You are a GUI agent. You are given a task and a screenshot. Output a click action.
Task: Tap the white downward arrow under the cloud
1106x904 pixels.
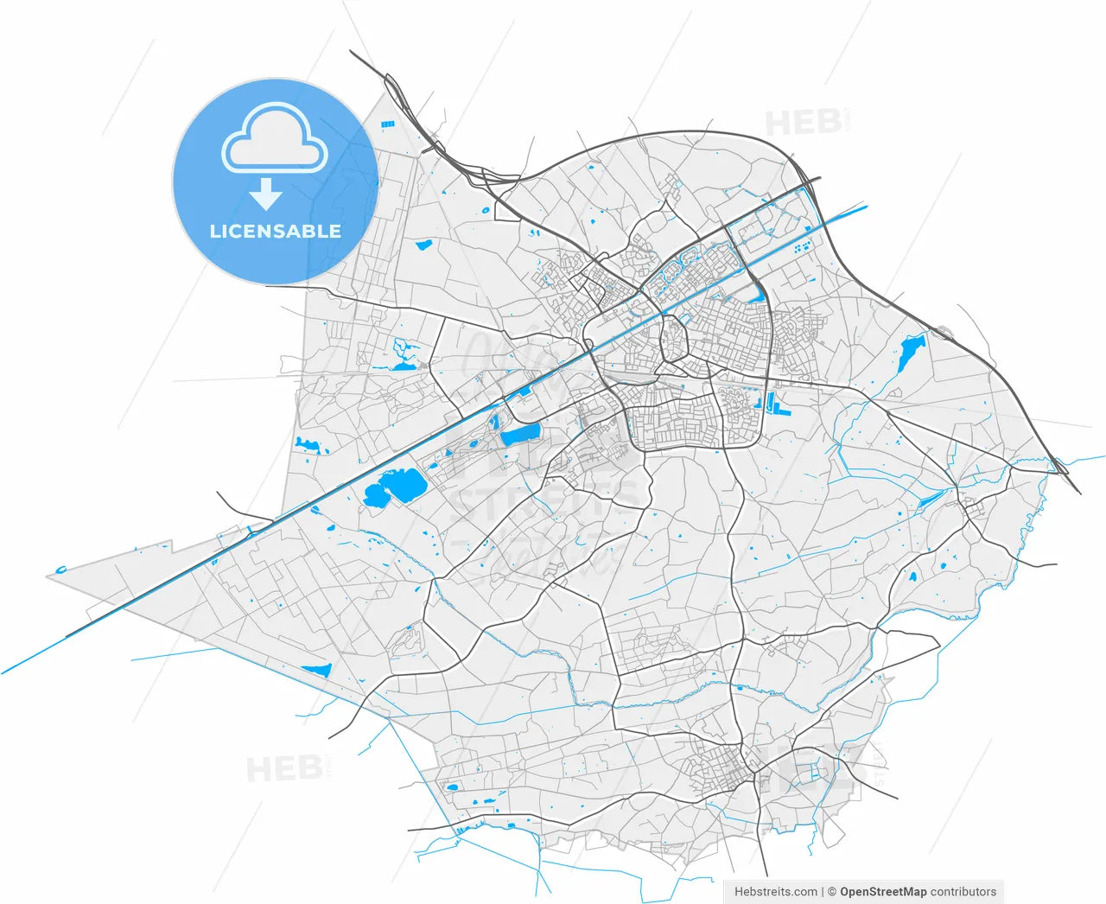point(265,195)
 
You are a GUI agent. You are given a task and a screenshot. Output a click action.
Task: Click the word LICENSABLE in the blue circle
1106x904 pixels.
point(275,232)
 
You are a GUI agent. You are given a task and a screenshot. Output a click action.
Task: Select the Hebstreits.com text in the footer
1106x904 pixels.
point(776,891)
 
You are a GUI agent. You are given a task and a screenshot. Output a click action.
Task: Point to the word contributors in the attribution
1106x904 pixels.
point(963,891)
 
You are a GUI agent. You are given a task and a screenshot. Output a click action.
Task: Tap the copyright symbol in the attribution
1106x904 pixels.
point(831,891)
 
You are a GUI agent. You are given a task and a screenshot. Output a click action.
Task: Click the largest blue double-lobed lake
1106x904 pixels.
point(393,487)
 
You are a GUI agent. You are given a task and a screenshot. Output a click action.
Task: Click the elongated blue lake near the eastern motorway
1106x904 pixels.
point(910,353)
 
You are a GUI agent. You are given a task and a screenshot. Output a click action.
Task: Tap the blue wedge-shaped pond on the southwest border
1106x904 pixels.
point(316,670)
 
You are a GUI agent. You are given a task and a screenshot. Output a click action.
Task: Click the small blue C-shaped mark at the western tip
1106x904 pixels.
point(60,570)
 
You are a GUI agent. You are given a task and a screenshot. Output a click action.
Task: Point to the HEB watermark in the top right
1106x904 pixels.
point(804,123)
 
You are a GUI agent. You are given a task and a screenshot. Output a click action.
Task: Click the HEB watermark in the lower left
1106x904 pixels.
point(284,768)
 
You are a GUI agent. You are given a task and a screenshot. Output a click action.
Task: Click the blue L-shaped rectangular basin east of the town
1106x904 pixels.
point(772,404)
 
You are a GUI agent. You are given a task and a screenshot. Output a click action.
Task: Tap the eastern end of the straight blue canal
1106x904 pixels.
point(866,207)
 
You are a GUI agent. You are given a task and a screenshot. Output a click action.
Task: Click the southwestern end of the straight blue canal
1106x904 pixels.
point(3,672)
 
